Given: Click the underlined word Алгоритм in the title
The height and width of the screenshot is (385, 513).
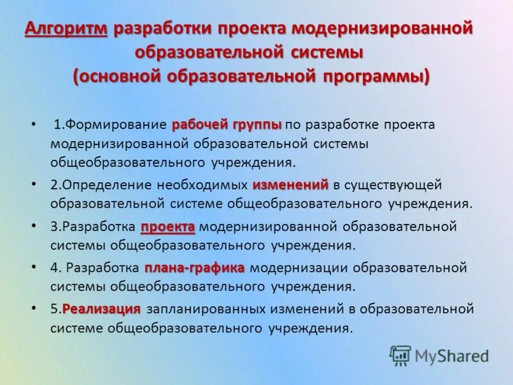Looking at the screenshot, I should coord(66,29).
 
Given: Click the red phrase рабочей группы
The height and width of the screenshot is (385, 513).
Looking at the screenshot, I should coord(227,123).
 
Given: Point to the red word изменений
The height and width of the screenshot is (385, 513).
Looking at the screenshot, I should coord(290,185).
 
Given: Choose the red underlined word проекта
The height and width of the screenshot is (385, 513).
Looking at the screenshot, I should coord(167,226).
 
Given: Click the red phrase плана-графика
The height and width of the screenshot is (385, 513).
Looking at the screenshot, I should coord(194,267).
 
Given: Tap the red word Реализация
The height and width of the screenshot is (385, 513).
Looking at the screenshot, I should coord(101,309).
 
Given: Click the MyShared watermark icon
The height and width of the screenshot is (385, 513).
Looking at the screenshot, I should coord(400,354).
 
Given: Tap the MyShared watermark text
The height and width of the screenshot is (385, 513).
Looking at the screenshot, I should coord(451,355).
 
